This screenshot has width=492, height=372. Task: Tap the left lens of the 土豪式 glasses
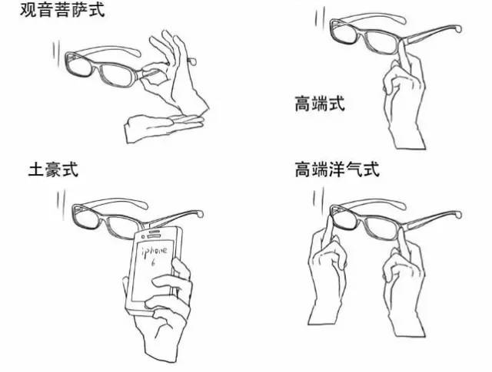pyautogui.click(x=89, y=219)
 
